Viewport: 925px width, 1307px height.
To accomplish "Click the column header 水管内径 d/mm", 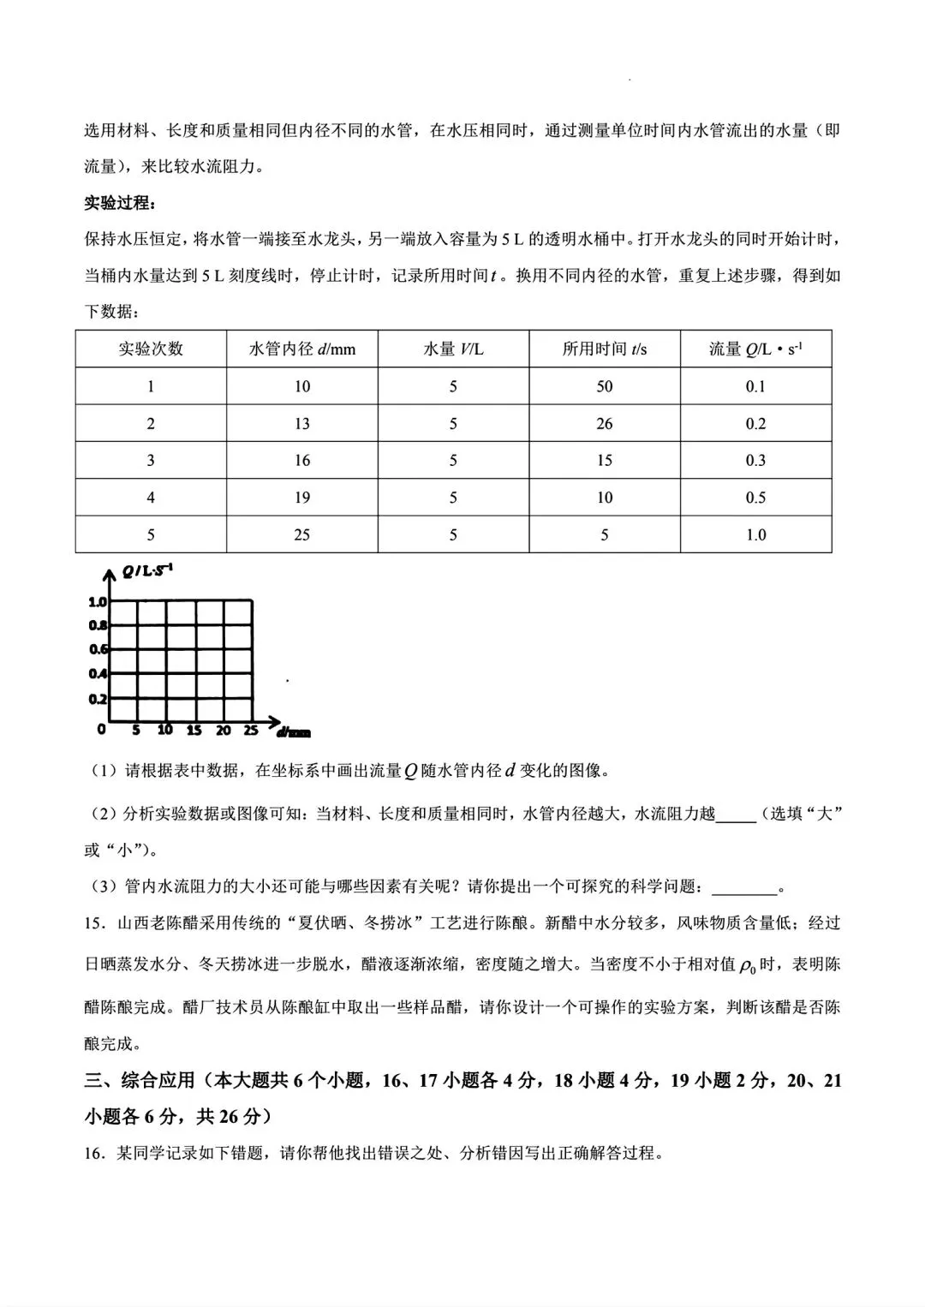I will tap(301, 349).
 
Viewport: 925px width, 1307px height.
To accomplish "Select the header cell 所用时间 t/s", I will tap(604, 349).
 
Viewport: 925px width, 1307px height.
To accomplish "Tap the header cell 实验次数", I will tap(151, 349).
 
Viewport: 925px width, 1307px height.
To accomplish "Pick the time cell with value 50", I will tap(604, 386).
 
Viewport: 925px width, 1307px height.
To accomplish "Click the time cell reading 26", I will tap(604, 423).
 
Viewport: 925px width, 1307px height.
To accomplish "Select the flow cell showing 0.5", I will tap(755, 498).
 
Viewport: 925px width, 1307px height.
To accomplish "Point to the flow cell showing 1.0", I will tap(755, 534).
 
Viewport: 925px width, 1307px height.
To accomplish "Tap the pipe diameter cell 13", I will tap(301, 423).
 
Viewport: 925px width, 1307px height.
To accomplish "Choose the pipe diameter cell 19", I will tap(301, 498).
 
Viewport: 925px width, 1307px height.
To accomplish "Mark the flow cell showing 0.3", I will tap(755, 460).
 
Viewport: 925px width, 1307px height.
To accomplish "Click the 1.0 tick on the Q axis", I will tap(98, 602).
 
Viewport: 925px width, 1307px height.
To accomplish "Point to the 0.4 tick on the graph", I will tap(98, 674).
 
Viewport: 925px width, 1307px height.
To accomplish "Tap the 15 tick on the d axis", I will tap(194, 731).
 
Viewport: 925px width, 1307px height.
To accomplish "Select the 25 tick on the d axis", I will tap(251, 731).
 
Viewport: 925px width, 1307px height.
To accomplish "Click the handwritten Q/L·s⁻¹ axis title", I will tap(147, 570).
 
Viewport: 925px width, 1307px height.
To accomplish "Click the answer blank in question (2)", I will tap(735, 815).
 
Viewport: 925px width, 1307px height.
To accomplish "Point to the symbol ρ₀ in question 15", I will tap(747, 966).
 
